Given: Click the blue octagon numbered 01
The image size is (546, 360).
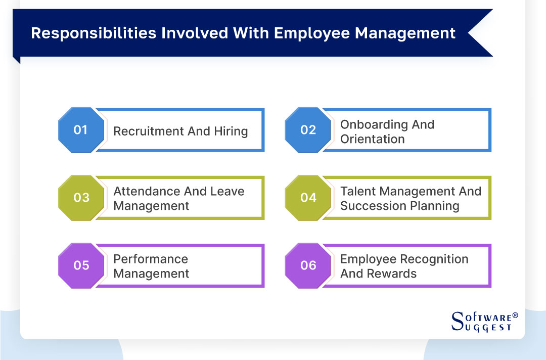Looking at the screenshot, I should (81, 130).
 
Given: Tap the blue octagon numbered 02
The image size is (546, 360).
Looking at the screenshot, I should (308, 130).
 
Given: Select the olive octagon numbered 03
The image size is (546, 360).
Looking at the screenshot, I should (81, 198).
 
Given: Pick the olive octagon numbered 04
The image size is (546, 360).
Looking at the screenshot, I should (308, 198).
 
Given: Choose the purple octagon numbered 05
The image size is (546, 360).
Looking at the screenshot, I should (81, 265).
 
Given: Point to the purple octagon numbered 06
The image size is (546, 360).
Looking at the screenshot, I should (308, 265).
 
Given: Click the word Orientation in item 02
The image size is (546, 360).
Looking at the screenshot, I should (373, 139).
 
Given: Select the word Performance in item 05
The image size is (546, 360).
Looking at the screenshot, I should (151, 259).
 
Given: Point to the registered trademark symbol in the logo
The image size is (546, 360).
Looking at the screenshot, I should (515, 316).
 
